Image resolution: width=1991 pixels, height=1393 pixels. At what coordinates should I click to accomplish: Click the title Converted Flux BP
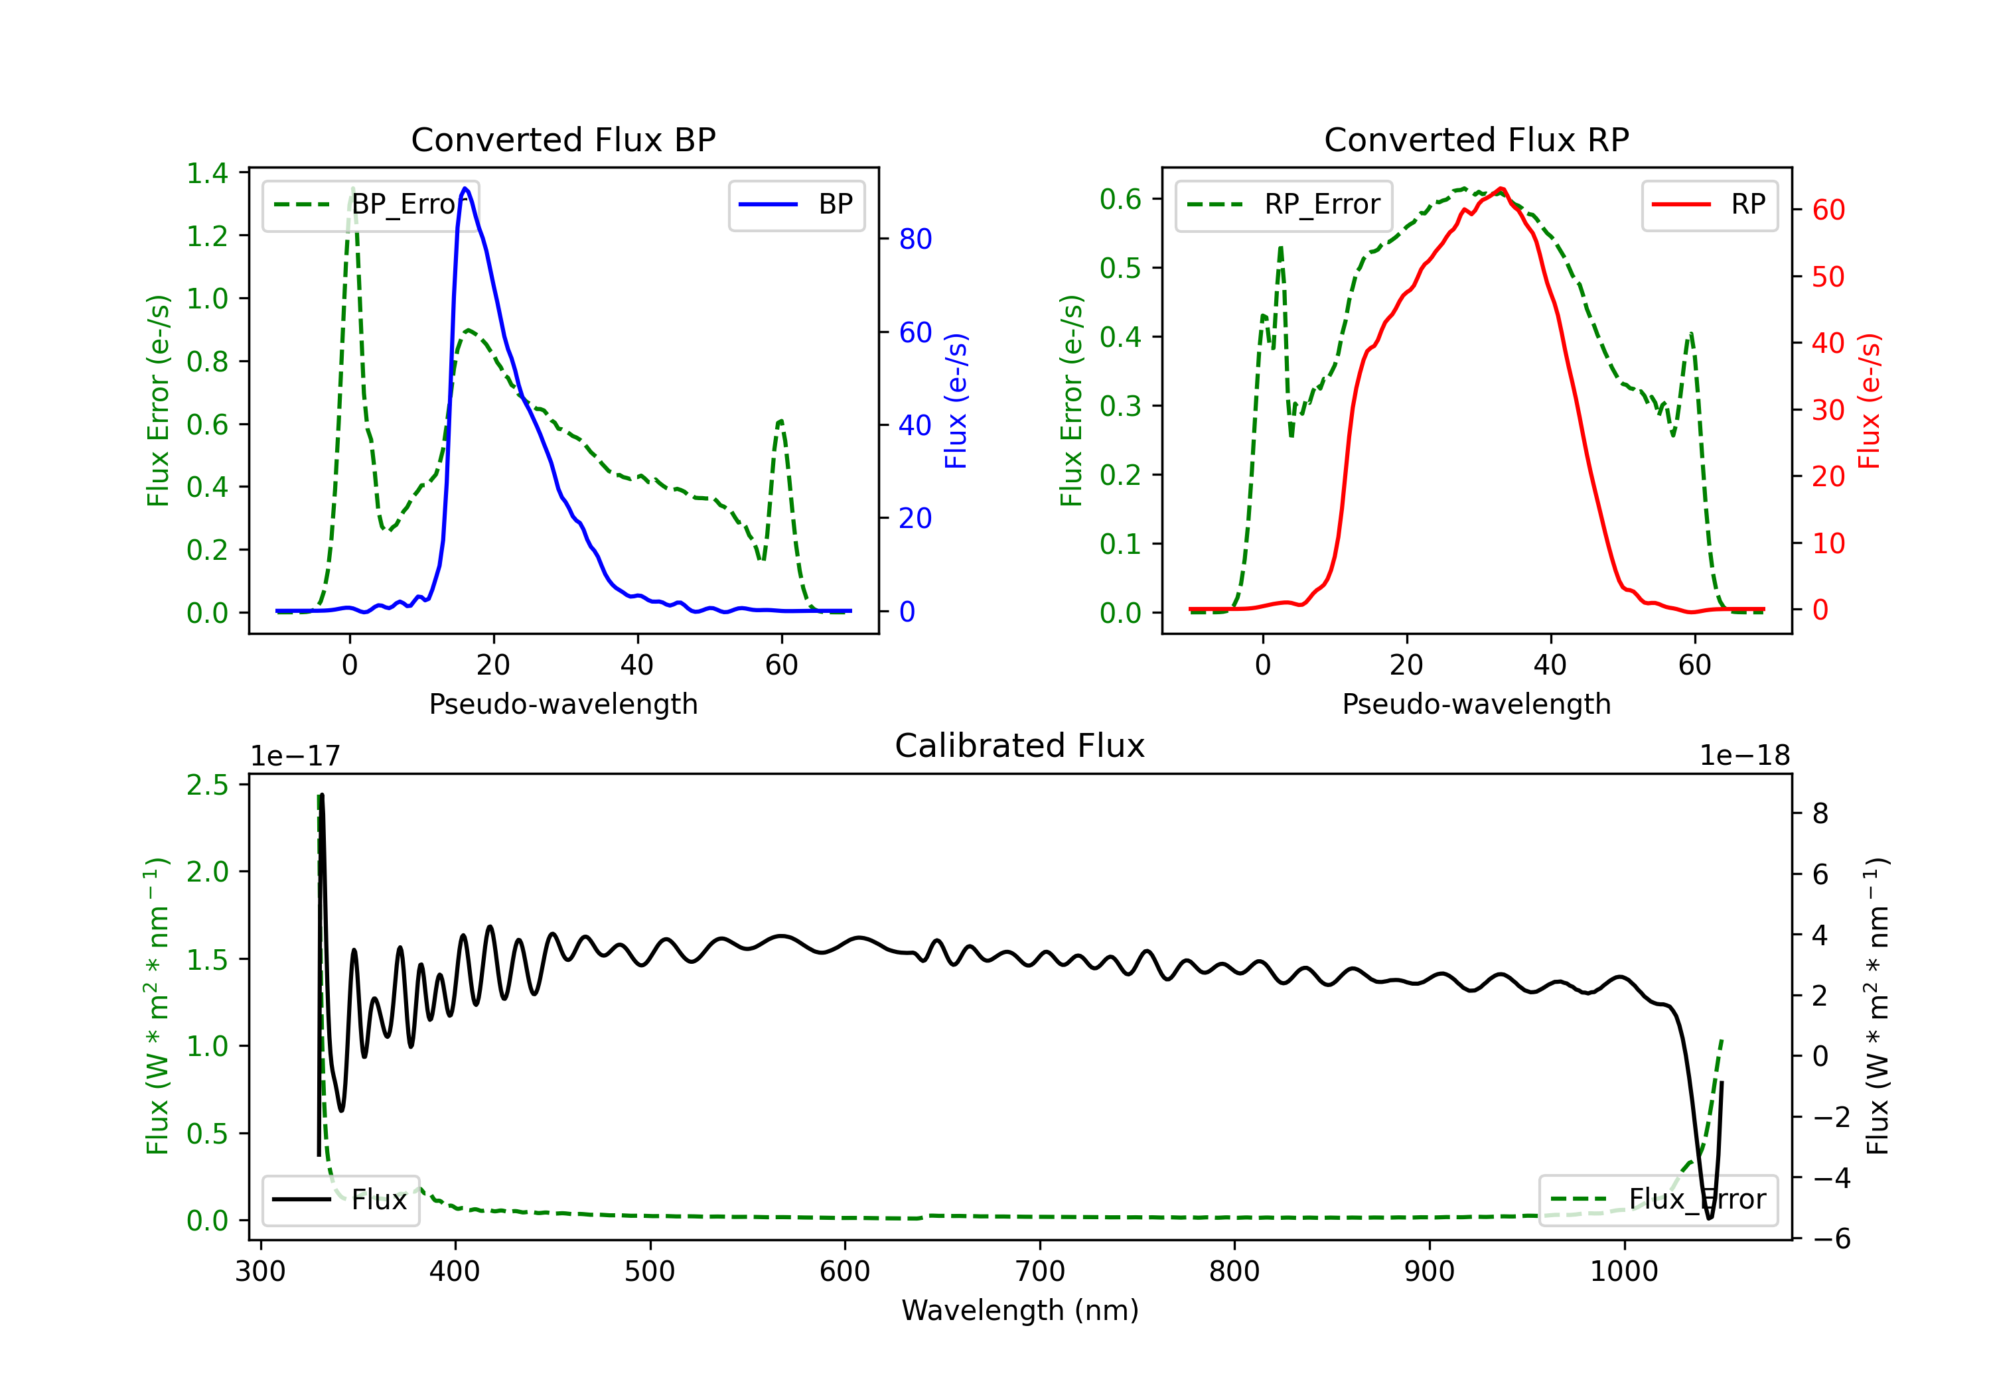point(563,139)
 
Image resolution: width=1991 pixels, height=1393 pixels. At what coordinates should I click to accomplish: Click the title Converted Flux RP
point(1476,139)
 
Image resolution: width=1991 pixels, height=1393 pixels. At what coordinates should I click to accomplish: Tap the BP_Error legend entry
point(370,204)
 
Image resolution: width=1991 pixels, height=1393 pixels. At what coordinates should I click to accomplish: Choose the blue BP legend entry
point(796,204)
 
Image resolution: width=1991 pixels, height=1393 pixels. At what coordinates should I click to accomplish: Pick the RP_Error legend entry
point(1284,204)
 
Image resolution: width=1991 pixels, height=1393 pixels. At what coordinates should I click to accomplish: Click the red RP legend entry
point(1709,204)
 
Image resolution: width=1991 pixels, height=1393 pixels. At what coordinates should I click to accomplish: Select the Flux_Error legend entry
point(1658,1200)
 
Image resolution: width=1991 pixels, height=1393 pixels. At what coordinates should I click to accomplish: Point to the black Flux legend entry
point(340,1200)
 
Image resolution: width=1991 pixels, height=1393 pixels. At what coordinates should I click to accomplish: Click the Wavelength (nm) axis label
point(1020,1310)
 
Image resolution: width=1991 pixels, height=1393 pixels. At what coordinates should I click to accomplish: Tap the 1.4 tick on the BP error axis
point(207,173)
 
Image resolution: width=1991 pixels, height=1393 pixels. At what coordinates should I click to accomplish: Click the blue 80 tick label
point(915,239)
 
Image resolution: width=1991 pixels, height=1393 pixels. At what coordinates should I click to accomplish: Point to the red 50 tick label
point(1828,277)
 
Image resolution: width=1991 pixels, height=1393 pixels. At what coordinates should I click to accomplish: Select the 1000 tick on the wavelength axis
point(1623,1272)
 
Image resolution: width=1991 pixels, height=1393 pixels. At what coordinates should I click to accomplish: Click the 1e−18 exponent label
point(1745,756)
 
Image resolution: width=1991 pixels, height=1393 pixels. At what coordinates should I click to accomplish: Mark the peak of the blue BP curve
point(466,188)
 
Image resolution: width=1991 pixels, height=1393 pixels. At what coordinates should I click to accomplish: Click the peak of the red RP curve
point(1501,188)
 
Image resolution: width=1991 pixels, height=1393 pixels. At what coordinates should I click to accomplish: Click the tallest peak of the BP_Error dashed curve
point(352,188)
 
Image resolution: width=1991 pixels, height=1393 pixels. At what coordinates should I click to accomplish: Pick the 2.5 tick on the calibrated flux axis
point(207,785)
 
